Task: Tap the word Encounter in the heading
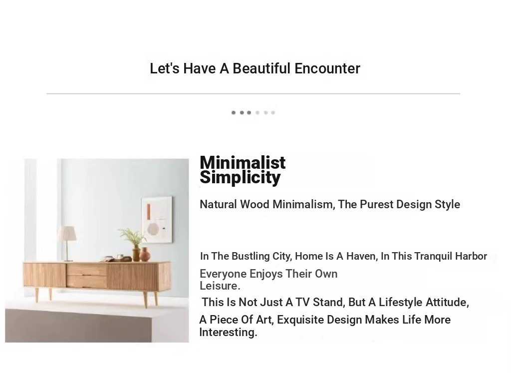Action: [x=327, y=68]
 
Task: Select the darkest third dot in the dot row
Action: [x=249, y=113]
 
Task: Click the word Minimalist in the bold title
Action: [x=243, y=162]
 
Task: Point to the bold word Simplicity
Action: [x=240, y=178]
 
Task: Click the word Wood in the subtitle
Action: [x=255, y=204]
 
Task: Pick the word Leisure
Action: [x=220, y=286]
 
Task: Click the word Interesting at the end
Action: [x=228, y=332]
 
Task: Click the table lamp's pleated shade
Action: [x=67, y=234]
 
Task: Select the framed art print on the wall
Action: [x=157, y=220]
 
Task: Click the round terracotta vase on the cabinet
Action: [x=145, y=255]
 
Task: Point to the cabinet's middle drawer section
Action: [x=86, y=276]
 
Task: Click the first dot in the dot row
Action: [x=234, y=113]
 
